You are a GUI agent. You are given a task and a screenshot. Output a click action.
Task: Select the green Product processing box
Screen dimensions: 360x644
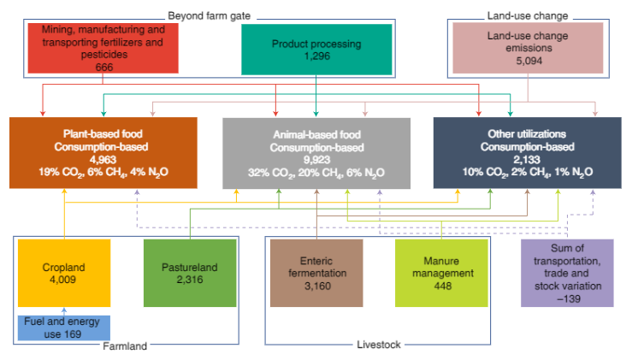click(x=316, y=48)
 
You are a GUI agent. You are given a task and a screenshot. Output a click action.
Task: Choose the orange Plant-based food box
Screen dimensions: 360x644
click(x=103, y=153)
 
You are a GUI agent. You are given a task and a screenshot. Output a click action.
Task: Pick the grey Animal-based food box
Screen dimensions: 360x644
click(x=316, y=153)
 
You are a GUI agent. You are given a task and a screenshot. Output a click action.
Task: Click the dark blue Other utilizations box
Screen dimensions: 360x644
click(x=527, y=153)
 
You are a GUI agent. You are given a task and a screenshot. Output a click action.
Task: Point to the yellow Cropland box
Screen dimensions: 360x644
click(x=65, y=273)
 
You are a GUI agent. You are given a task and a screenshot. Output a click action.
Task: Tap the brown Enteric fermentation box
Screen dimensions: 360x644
click(x=316, y=273)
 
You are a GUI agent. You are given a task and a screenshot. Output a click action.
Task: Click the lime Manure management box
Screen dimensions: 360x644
click(x=440, y=273)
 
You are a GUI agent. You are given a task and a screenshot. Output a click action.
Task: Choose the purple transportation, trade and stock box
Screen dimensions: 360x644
click(x=567, y=273)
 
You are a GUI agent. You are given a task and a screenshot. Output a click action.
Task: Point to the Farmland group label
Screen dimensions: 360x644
click(x=125, y=345)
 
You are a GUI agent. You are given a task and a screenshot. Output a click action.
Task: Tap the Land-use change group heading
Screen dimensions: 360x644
click(x=527, y=15)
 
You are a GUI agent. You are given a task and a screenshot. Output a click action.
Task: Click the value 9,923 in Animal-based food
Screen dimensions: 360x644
click(x=316, y=159)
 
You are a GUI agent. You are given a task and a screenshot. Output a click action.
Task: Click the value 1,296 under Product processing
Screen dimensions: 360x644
click(x=316, y=55)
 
